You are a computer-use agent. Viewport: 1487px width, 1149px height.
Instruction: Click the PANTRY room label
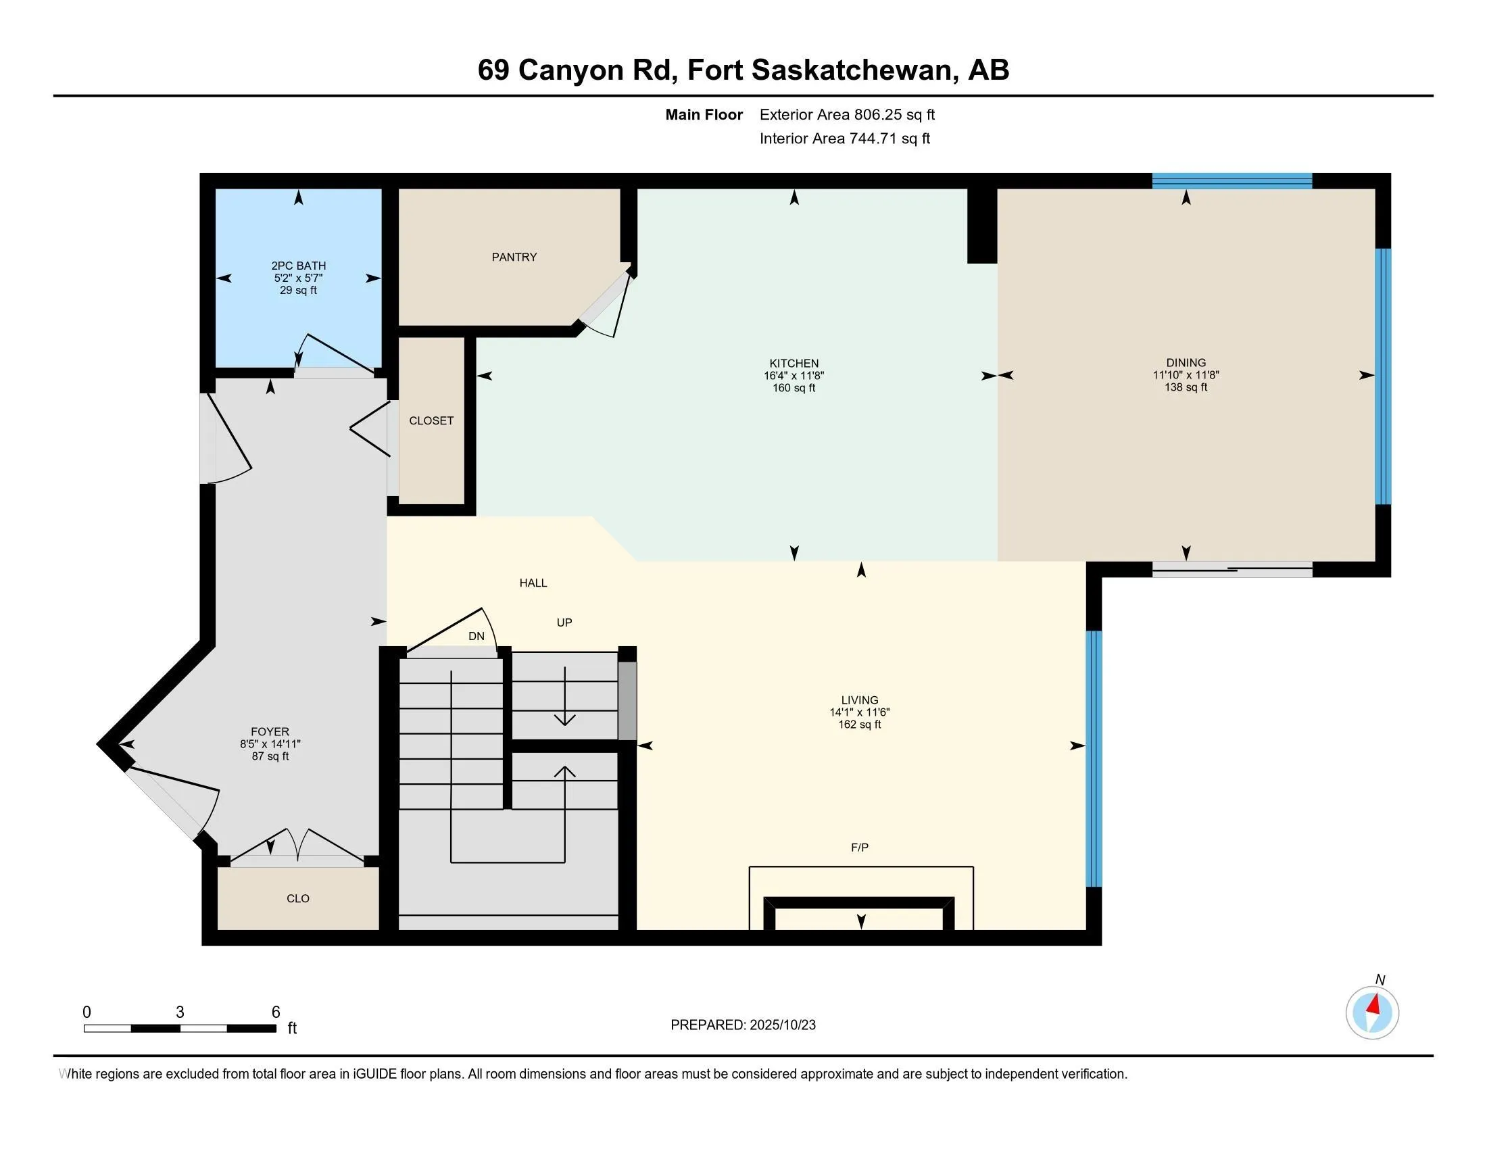tap(514, 257)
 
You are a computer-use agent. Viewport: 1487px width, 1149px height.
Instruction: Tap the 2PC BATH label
tap(298, 266)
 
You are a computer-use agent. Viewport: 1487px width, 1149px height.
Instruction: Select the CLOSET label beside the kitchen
tap(431, 420)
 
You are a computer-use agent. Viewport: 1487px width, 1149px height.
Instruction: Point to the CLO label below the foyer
tap(298, 898)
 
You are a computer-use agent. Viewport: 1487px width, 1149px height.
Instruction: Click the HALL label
tap(533, 583)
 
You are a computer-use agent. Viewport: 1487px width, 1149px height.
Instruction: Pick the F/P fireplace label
tap(860, 848)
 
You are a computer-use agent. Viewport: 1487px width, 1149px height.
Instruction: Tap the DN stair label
tap(477, 636)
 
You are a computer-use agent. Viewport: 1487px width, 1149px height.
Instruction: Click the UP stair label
tap(564, 622)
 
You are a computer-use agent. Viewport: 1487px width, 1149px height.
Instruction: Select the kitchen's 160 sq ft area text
tap(794, 388)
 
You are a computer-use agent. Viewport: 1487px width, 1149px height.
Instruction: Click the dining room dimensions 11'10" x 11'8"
tap(1186, 375)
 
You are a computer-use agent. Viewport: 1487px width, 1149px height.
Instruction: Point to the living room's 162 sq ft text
tap(860, 725)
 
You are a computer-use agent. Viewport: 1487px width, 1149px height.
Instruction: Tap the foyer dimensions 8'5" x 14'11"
tap(270, 744)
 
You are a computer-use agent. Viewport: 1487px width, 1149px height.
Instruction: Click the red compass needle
tap(1374, 1004)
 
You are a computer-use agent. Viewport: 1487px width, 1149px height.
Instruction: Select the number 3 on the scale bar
tap(180, 1012)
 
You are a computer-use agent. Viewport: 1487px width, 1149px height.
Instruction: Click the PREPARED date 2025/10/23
tap(782, 1025)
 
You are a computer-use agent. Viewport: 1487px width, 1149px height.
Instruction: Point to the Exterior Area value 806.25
tap(875, 114)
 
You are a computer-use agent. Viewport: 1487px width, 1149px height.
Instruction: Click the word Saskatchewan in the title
tap(851, 70)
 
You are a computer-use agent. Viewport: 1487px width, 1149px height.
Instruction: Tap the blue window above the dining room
tap(1232, 181)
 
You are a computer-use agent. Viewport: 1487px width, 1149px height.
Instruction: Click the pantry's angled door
tap(607, 303)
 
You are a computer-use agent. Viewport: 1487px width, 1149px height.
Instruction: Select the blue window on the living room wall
tap(1094, 759)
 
